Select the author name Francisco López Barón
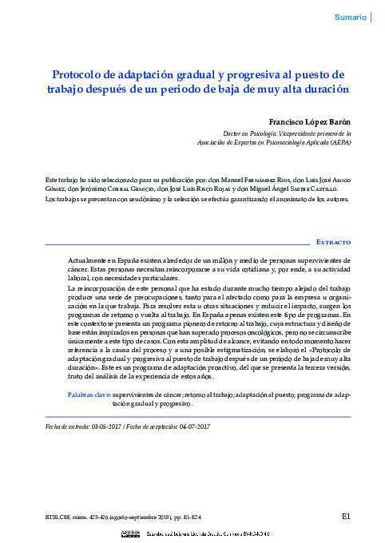pos(308,121)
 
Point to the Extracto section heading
pos(333,241)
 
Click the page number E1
pos(346,516)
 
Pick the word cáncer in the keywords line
pos(178,395)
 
